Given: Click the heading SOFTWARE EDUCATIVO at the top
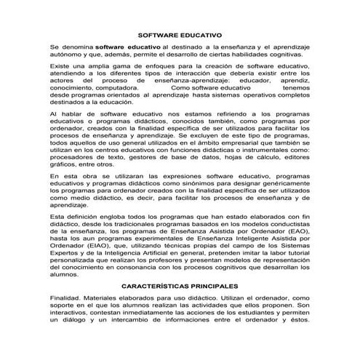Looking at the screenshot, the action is [x=180, y=34].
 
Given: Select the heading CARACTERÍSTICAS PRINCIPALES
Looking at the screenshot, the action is [x=180, y=287].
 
